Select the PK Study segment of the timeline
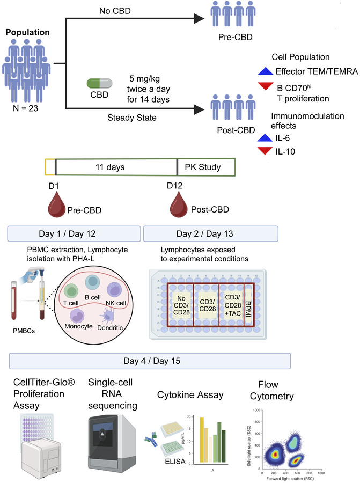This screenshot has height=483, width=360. tap(206, 167)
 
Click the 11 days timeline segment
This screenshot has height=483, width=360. tap(116, 167)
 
